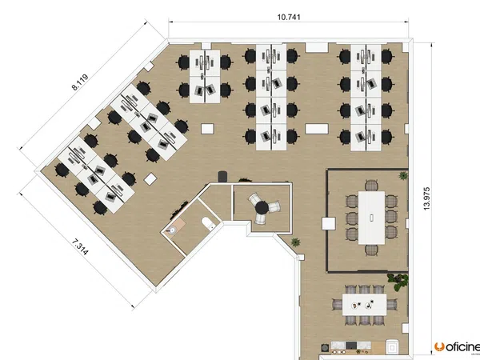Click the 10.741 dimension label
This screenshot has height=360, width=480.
[289, 17]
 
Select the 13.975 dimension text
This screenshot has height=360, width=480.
[426, 198]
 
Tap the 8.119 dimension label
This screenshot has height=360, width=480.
[80, 82]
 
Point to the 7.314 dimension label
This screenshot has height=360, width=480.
[81, 247]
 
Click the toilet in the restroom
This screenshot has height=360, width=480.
[209, 223]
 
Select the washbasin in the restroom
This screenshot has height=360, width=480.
[171, 230]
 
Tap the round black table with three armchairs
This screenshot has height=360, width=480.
[262, 207]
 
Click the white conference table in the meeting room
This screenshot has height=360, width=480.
[371, 218]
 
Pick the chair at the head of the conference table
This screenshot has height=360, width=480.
[371, 185]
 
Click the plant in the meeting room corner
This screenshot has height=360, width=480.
[403, 175]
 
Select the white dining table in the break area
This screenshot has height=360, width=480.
[364, 305]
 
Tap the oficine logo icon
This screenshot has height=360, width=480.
[439, 347]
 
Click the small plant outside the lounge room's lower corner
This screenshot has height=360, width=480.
[295, 242]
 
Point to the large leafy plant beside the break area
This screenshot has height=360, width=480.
[398, 282]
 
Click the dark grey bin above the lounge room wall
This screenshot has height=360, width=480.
[222, 177]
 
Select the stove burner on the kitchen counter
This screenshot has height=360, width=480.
[325, 348]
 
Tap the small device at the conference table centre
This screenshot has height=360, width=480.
[371, 218]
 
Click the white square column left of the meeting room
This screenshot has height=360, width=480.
[329, 224]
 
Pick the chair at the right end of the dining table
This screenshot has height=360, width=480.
[393, 305]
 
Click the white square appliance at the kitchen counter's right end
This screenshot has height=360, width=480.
[392, 347]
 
